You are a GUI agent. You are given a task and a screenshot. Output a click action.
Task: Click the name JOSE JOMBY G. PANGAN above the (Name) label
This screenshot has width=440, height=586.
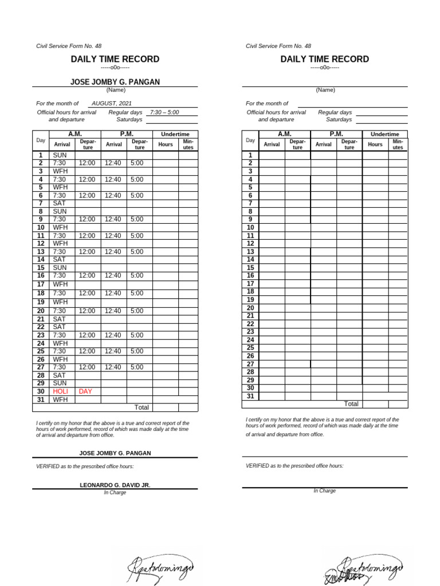point(115,82)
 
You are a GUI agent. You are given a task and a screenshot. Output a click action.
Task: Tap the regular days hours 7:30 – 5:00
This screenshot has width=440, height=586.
point(164,112)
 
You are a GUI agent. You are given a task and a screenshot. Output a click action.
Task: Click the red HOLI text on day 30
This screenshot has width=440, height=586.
point(60,391)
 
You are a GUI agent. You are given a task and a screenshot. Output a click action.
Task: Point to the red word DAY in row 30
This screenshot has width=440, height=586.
point(85,391)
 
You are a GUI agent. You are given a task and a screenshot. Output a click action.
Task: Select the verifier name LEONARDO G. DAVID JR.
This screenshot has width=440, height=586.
point(115,485)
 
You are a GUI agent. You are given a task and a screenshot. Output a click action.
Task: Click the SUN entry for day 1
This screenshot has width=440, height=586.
point(60,155)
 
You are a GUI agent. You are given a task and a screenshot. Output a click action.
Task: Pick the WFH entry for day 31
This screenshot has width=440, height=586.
point(60,399)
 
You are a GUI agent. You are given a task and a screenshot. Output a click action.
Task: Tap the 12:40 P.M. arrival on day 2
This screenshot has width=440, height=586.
point(113,163)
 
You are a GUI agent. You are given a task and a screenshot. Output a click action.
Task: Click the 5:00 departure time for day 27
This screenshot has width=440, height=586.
point(137,367)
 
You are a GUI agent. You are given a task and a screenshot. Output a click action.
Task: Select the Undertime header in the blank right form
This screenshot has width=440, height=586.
point(385,134)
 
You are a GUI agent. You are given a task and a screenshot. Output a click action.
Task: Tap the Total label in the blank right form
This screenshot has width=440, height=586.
point(351,403)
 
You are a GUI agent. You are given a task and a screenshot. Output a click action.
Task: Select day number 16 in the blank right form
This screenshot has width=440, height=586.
point(250,275)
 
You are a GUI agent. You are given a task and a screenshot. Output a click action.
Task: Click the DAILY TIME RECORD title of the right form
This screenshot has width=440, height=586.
point(324,59)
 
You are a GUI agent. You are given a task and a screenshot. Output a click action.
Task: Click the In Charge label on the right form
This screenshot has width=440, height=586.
point(324,490)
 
